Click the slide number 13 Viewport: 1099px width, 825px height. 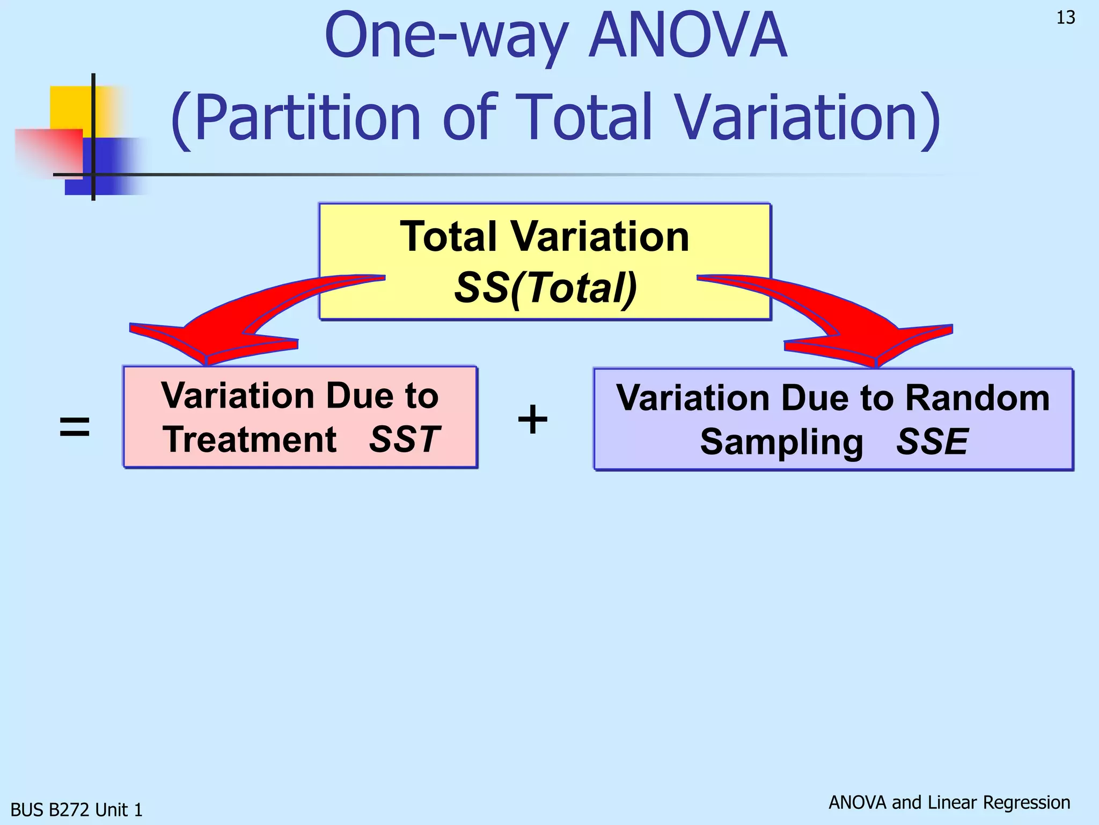[x=1065, y=18]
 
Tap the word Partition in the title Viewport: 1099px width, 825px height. [x=306, y=118]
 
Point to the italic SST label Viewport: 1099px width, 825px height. [x=405, y=439]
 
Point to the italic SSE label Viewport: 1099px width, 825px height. [x=932, y=442]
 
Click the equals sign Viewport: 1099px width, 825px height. [x=74, y=428]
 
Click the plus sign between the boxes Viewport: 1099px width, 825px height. [x=532, y=419]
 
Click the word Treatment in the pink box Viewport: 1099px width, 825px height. [x=250, y=439]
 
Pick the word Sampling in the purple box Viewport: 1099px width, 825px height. [x=781, y=442]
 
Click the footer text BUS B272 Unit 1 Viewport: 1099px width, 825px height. [x=77, y=809]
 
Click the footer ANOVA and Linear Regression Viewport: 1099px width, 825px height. [x=949, y=802]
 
